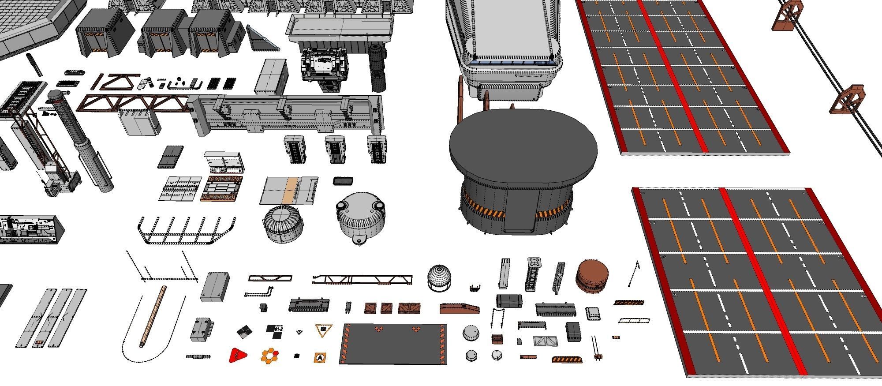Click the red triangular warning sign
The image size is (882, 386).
click(237, 355)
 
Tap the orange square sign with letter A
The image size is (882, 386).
click(320, 357)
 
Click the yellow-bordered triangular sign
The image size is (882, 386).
click(323, 330)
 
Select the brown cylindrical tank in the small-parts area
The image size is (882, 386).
click(592, 275)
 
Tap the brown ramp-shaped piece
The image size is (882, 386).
click(459, 308)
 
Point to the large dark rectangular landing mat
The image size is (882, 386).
click(392, 344)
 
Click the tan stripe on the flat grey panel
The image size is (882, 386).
click(289, 190)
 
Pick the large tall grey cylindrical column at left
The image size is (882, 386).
click(84, 141)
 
